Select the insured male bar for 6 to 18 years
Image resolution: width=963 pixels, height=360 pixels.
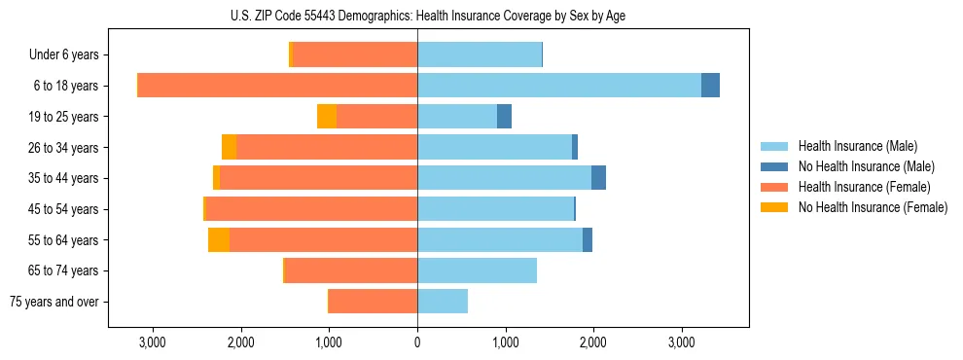(559, 86)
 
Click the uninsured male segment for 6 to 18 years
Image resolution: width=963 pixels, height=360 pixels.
(710, 86)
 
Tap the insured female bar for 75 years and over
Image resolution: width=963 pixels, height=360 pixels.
(374, 302)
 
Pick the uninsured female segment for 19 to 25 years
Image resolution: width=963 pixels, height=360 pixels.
(327, 117)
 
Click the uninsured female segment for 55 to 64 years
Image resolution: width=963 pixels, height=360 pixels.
(219, 240)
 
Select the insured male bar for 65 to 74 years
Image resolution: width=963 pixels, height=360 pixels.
(477, 270)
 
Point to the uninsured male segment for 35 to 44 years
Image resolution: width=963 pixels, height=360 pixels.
(598, 178)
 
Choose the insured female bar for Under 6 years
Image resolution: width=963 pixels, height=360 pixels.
(355, 54)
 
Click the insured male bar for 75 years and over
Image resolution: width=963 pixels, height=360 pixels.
(443, 302)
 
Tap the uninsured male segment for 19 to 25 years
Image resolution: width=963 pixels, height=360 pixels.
(504, 117)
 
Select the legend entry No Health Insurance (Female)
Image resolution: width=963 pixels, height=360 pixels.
(872, 207)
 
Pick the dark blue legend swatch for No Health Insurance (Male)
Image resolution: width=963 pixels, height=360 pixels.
(775, 166)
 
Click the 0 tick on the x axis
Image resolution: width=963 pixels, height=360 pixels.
(417, 342)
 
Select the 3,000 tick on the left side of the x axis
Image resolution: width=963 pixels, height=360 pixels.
(153, 342)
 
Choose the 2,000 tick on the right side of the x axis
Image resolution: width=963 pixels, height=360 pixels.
(593, 342)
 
